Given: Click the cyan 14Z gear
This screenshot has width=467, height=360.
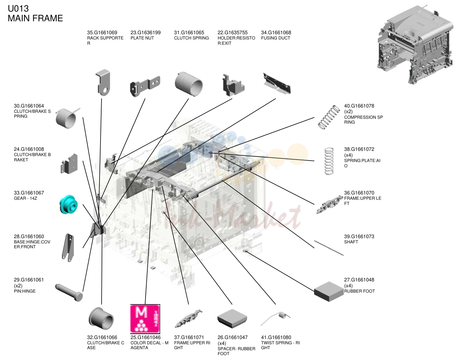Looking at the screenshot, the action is click(68, 204).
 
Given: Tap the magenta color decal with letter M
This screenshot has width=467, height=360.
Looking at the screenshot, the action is click(145, 319).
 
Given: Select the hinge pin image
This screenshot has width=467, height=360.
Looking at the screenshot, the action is click(69, 293).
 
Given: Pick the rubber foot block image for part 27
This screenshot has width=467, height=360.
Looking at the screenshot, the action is click(329, 292).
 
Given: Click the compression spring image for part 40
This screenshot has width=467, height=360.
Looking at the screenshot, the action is click(329, 117).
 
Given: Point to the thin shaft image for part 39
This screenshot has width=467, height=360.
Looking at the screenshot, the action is click(329, 248).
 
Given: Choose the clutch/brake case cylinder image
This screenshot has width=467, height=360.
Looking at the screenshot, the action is click(101, 318).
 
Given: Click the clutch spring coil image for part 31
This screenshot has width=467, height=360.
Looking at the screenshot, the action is click(189, 84).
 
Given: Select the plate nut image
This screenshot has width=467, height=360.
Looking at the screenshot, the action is click(145, 86).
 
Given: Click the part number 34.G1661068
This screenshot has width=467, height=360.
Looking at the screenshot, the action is click(276, 33).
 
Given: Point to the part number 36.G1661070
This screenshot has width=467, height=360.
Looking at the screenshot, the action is click(359, 193).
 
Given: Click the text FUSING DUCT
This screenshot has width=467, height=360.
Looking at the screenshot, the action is click(275, 38).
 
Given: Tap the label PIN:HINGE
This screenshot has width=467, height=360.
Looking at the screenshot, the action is click(25, 291).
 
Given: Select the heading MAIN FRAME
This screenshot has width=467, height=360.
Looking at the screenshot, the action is click(35, 18).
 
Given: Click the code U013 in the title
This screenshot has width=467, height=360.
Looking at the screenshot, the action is click(18, 9).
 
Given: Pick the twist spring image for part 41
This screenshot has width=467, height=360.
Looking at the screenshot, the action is click(275, 318).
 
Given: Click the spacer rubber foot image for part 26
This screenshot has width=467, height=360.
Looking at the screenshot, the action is click(232, 319).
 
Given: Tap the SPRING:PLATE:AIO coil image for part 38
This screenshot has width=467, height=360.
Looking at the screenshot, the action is click(329, 161).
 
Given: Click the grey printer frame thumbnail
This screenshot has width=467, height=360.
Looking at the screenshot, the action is click(415, 44).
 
